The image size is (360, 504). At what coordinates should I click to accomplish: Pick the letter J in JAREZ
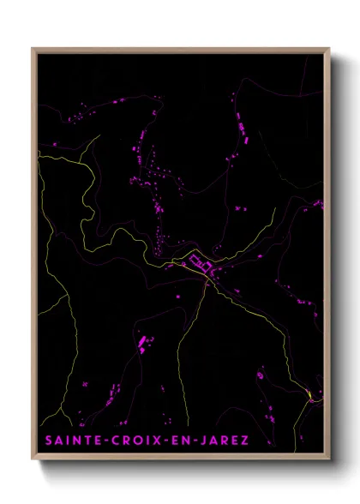point(204,441)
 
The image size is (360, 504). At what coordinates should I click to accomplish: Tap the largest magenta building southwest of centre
point(142,344)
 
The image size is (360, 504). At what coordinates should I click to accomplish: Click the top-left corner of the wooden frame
point(33,49)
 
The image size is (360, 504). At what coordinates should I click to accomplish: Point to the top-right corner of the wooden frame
point(329,49)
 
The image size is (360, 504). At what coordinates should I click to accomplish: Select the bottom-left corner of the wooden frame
point(33,459)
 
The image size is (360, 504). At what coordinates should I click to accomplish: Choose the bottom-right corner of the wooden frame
point(329,459)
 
